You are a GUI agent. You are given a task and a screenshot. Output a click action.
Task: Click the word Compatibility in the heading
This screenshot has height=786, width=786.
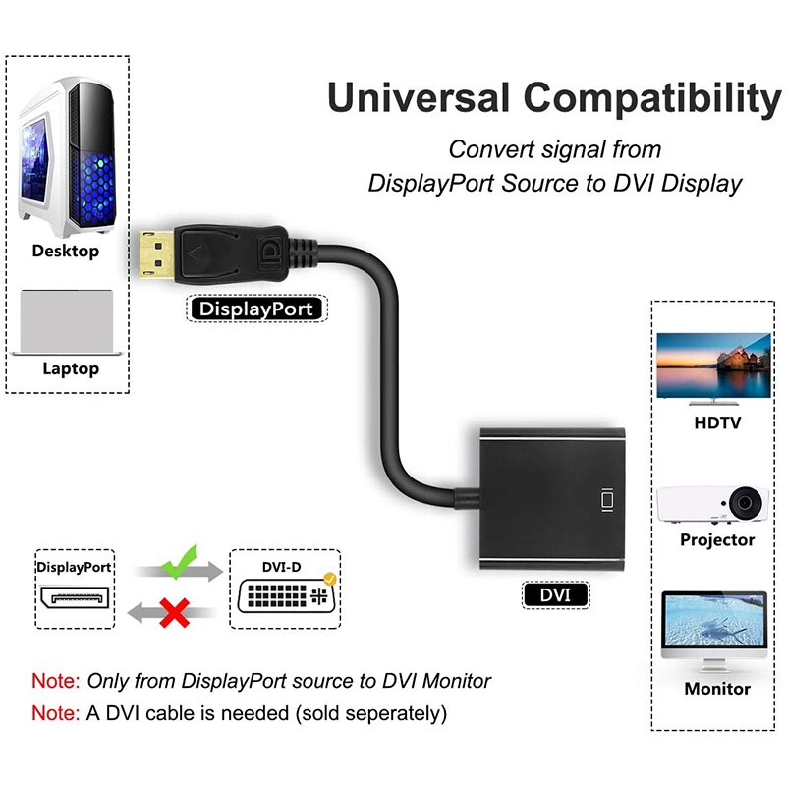651,99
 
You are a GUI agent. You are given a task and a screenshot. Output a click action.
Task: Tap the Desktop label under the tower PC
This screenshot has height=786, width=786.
66,251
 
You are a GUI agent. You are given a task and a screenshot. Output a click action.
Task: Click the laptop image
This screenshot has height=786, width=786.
66,321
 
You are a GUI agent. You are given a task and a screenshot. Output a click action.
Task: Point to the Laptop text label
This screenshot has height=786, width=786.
71,369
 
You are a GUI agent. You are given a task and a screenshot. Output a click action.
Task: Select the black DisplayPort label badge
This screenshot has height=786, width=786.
255,309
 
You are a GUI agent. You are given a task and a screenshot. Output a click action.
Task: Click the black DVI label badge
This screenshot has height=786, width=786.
556,594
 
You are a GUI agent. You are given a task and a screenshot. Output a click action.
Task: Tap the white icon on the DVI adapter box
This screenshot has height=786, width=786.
606,499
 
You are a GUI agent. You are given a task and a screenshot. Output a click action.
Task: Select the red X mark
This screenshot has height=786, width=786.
175,616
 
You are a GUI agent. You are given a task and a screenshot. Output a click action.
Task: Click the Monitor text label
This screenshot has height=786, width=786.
717,689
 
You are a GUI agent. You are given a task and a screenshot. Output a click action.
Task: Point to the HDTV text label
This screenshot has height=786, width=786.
717,423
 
